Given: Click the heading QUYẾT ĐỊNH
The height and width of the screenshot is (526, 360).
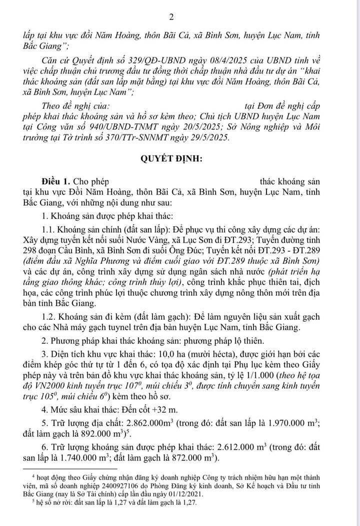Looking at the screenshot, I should (179, 159).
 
